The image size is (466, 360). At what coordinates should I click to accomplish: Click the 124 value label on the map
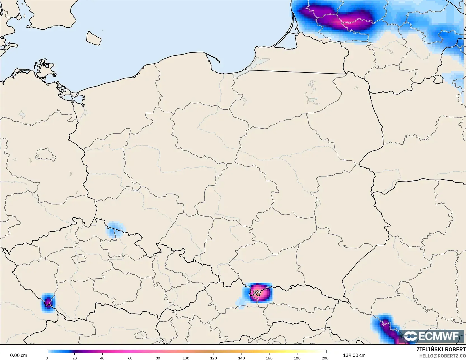(x=257, y=292)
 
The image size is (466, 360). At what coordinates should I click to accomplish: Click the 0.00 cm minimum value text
(x=18, y=355)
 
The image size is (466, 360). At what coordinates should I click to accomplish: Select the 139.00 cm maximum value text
(x=354, y=355)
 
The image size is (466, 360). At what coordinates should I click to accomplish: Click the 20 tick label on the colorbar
(x=74, y=358)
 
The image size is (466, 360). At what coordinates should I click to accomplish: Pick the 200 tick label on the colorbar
(x=325, y=358)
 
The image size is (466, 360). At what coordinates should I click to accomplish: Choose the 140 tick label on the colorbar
(x=242, y=358)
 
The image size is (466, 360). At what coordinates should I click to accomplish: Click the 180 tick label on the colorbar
(x=297, y=358)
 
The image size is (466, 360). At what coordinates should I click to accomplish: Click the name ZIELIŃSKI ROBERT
(x=441, y=350)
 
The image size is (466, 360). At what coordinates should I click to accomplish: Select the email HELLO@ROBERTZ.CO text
(x=442, y=356)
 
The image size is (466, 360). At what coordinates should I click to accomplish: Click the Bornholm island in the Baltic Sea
(x=93, y=38)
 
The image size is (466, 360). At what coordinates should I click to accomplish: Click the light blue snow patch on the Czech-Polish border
(x=115, y=229)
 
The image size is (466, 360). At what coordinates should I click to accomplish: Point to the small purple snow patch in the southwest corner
(x=48, y=303)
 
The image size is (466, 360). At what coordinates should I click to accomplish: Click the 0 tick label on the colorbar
(x=47, y=358)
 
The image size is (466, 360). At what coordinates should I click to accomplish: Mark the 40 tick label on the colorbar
(x=102, y=358)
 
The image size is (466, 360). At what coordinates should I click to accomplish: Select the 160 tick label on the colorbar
(x=269, y=358)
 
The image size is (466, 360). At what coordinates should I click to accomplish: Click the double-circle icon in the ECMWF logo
(x=410, y=336)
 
